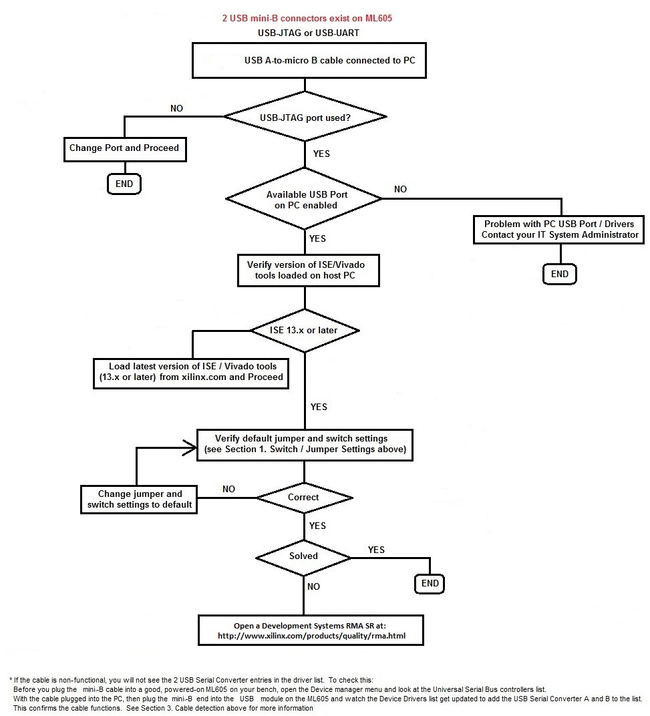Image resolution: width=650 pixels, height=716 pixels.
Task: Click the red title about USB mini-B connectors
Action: coord(307,19)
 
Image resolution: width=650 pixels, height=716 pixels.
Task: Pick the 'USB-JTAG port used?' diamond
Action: coord(305,117)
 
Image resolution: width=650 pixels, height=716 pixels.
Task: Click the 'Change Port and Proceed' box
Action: coord(124,148)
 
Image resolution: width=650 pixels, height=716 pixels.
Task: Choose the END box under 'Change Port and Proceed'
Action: coord(124,184)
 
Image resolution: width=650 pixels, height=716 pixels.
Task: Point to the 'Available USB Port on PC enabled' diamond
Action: coord(305,199)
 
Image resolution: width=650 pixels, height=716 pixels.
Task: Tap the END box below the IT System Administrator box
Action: coord(560,274)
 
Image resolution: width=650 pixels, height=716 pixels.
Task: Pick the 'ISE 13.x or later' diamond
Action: coord(305,330)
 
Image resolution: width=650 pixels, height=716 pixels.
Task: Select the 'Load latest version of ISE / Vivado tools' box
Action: coord(192,371)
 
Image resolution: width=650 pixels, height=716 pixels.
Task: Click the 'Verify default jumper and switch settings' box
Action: coord(305,444)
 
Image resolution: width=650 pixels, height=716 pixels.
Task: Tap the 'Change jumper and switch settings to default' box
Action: coord(140,500)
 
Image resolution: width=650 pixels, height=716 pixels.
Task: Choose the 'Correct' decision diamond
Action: coord(304,498)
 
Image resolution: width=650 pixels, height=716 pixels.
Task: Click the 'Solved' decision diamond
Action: coord(304,556)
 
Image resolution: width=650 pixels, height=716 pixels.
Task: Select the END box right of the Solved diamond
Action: coord(430,584)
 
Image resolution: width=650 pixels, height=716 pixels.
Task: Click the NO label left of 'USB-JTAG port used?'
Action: coord(177,108)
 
